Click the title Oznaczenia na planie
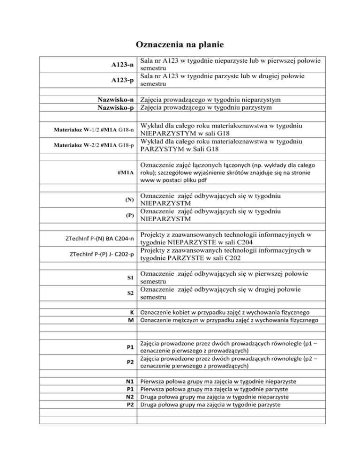(x=180, y=45)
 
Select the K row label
(x=133, y=312)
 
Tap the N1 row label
(x=131, y=383)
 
